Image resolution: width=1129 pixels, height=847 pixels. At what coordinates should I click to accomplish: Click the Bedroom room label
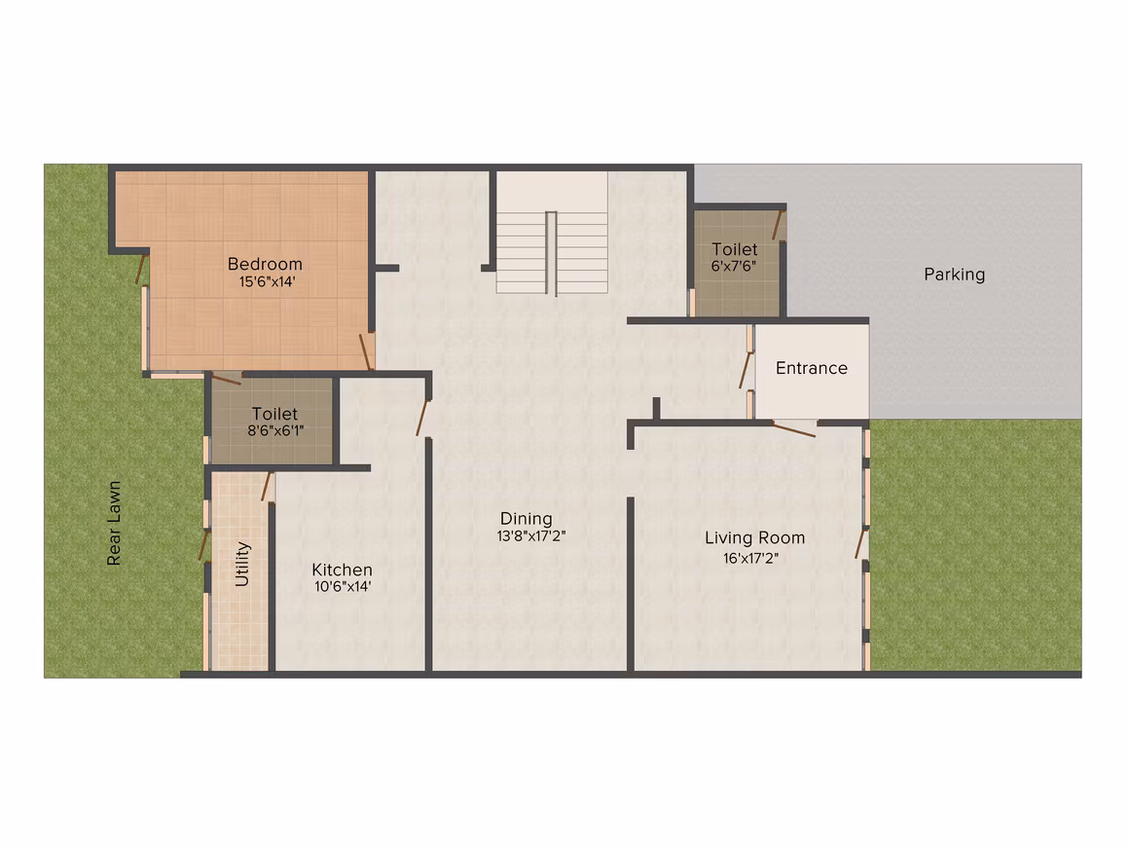(265, 265)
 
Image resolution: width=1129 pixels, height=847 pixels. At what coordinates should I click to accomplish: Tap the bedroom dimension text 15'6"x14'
(267, 281)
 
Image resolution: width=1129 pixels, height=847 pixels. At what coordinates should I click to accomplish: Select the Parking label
(954, 275)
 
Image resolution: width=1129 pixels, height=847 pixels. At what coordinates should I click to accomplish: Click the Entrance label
(812, 368)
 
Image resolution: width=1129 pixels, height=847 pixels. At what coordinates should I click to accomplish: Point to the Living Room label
(754, 538)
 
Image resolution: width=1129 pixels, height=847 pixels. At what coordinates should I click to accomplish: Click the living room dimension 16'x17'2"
(751, 558)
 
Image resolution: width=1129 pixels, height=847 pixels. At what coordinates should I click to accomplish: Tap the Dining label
(527, 519)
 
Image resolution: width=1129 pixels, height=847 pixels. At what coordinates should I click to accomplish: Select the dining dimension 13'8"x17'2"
(531, 535)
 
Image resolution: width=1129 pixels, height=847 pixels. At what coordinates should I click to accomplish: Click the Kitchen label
(342, 570)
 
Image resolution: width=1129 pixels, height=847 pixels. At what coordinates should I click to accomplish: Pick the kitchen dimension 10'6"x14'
(343, 586)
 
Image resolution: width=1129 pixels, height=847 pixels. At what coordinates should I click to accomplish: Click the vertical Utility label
(242, 564)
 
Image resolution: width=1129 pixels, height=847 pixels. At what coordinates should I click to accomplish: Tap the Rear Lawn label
(114, 523)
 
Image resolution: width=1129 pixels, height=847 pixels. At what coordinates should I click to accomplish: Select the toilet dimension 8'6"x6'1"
(275, 430)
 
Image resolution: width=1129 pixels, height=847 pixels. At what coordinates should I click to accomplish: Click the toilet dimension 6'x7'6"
(734, 266)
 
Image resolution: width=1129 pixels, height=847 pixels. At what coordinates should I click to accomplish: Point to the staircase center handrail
(551, 253)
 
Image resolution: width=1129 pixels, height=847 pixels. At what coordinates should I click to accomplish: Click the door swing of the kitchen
(422, 419)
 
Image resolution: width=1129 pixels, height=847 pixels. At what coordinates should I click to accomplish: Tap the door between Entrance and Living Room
(794, 430)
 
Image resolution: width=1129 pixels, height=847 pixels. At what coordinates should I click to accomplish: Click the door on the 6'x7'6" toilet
(778, 225)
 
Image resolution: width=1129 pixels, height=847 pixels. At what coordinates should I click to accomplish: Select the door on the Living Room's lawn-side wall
(859, 544)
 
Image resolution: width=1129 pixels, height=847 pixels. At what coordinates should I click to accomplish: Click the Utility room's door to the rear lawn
(203, 545)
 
